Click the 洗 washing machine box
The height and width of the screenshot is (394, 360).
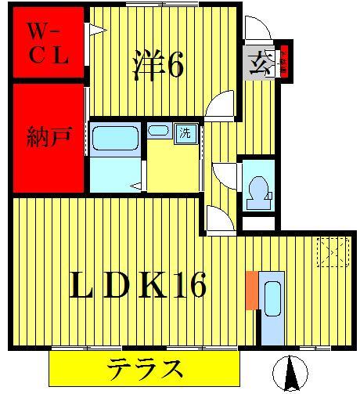[x=185, y=132]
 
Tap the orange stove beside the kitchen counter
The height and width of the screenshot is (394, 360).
[x=250, y=288]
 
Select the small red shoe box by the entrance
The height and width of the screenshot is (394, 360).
[x=285, y=62]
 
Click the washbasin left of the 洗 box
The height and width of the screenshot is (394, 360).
[x=159, y=131]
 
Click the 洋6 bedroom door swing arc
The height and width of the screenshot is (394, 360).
[x=221, y=104]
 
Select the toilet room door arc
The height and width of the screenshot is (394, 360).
[x=225, y=173]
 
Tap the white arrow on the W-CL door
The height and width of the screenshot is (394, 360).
[x=97, y=31]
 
